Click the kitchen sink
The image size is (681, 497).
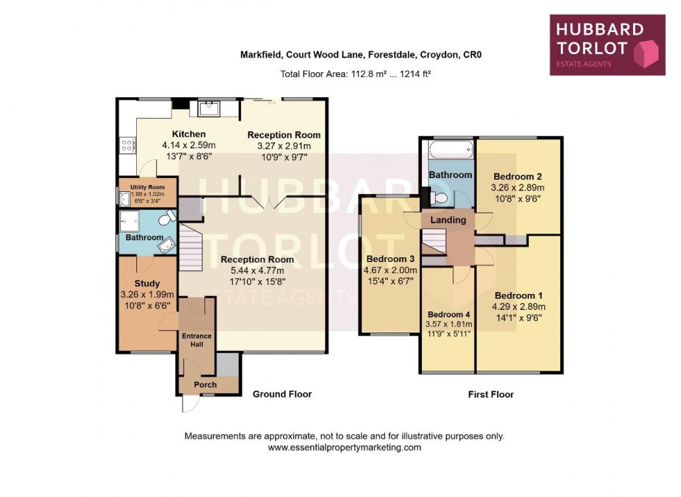209,108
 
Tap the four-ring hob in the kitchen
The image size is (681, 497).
128,145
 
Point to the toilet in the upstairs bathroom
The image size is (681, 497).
438,198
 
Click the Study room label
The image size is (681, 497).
147,284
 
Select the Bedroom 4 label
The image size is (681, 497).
448,313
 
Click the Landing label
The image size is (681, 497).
448,220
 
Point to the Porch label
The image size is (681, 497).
205,384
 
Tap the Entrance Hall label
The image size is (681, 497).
197,341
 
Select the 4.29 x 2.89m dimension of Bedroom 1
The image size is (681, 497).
518,307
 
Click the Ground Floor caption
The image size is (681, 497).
281,394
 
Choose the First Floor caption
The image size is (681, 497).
491,394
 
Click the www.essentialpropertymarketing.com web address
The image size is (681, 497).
345,448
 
